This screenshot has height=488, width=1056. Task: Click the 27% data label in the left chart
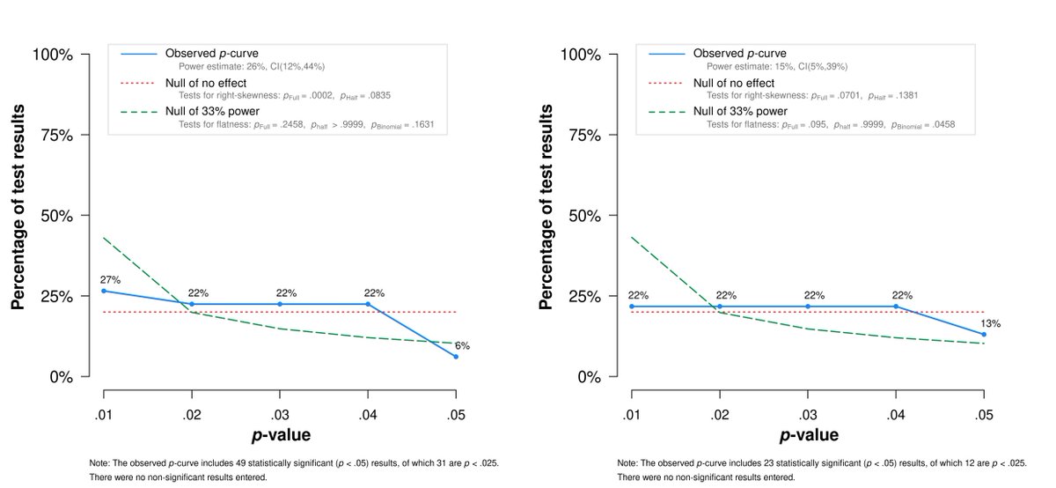pyautogui.click(x=110, y=279)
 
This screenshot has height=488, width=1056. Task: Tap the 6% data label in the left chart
pyautogui.click(x=462, y=345)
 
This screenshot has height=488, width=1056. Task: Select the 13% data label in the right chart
pyautogui.click(x=992, y=323)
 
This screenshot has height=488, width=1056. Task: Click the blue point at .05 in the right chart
pyautogui.click(x=984, y=335)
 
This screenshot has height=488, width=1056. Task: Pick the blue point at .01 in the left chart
pyautogui.click(x=104, y=291)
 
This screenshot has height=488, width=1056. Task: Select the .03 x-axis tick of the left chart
pyautogui.click(x=280, y=413)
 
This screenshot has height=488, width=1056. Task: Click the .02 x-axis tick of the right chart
pyautogui.click(x=719, y=413)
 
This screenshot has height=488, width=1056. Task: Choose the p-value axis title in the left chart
pyautogui.click(x=280, y=435)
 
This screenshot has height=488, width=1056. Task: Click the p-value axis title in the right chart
pyautogui.click(x=808, y=435)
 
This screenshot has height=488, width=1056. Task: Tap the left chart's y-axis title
pyautogui.click(x=18, y=216)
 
